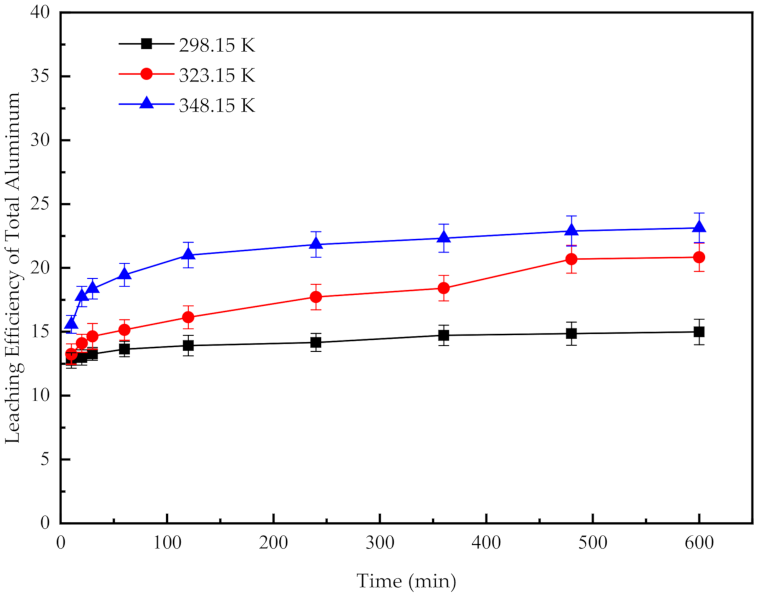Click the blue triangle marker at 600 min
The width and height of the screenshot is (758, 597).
(699, 227)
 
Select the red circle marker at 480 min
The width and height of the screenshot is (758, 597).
(572, 259)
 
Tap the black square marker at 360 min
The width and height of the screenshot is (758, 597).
(444, 335)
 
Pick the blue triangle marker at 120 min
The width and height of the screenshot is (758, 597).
(189, 254)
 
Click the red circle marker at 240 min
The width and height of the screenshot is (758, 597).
(316, 297)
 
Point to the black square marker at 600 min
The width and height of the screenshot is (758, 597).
(699, 331)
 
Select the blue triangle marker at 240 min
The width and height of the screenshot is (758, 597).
(316, 244)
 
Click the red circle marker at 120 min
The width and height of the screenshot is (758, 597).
(189, 317)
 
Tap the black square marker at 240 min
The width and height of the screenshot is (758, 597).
(316, 342)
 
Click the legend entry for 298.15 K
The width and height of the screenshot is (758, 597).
(217, 45)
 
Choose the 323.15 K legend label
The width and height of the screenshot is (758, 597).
(217, 75)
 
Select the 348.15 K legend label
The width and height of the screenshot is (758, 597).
(217, 105)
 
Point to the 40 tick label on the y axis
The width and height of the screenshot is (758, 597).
(40, 12)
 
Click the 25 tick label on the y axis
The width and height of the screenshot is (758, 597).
(40, 204)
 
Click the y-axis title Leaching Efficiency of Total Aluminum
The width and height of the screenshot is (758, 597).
(13, 268)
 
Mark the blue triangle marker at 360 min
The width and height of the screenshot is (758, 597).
(444, 238)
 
